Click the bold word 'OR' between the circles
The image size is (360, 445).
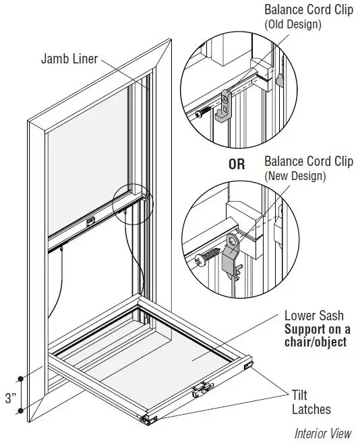pos(237,164)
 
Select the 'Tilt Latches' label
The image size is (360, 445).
pos(311,402)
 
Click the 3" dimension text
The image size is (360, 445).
pos(10,398)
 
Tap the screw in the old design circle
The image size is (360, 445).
pos(200,115)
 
